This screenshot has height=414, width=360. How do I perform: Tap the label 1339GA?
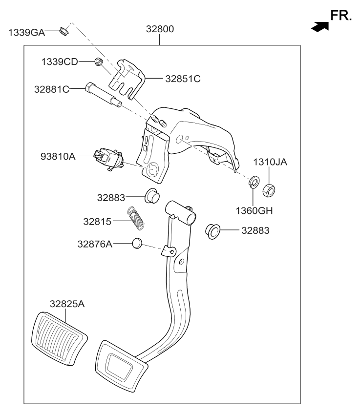pos(26,33)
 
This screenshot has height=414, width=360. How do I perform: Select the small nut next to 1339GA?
pos(63,32)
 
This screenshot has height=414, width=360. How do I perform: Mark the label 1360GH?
pos(253,211)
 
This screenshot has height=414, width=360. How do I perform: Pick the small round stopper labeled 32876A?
pos(137,243)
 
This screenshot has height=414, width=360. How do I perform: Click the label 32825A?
pos(67,304)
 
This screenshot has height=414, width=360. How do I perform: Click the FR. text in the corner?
pos(341,16)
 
